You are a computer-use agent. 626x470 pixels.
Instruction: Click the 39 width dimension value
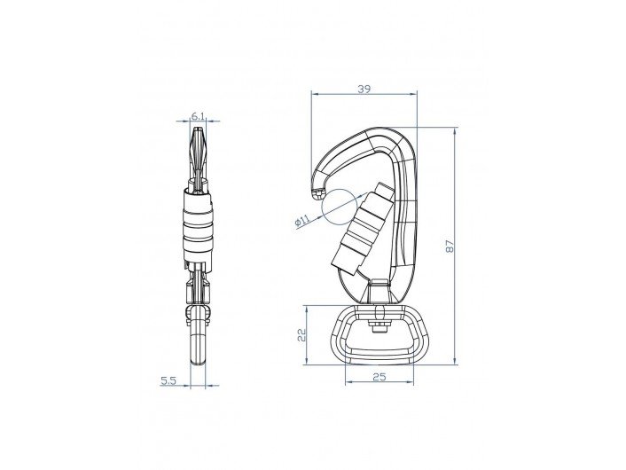point(364,89)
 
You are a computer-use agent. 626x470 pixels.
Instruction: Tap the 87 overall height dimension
point(450,246)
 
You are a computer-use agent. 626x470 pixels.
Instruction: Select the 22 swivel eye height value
point(301,334)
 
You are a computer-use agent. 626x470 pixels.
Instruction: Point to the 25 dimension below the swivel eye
point(380,377)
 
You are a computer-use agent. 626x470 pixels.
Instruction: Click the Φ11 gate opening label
point(302,220)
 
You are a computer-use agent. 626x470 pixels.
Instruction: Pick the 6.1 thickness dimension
point(198,116)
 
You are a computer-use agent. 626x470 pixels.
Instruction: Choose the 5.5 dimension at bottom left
point(168,380)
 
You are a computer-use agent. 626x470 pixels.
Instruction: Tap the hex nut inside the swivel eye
point(379,325)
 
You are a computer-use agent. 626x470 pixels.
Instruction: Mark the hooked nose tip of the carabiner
point(318,194)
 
